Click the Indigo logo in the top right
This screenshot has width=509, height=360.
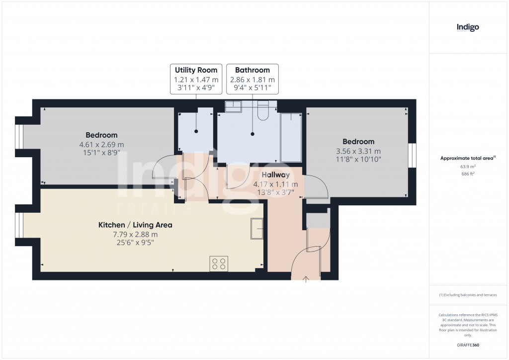[468, 27]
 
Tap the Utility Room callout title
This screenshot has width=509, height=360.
[196, 70]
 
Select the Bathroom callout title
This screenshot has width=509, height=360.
[253, 70]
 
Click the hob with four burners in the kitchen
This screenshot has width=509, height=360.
[219, 264]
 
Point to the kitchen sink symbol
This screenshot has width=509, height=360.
[257, 228]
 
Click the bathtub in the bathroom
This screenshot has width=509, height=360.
[291, 137]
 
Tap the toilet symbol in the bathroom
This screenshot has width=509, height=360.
[263, 112]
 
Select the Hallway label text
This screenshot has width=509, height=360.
[275, 175]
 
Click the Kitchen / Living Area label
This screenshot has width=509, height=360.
[135, 225]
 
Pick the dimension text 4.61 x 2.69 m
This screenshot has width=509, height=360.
[101, 145]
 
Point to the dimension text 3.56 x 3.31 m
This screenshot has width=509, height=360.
[358, 151]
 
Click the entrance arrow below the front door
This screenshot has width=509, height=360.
[306, 279]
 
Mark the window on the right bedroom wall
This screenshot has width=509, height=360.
[412, 157]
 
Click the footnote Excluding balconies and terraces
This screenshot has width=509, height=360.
[468, 295]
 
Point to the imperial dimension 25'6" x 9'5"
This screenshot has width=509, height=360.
[135, 244]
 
